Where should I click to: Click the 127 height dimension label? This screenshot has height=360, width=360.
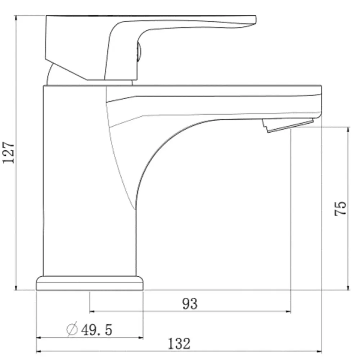pyautogui.click(x=8, y=153)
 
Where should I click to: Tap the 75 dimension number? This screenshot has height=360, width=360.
pyautogui.click(x=340, y=209)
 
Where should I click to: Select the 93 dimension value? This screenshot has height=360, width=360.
pyautogui.click(x=190, y=304)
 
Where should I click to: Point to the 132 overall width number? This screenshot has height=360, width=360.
pyautogui.click(x=179, y=344)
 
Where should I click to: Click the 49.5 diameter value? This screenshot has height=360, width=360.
pyautogui.click(x=96, y=330)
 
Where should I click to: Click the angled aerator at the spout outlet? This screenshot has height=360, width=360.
pyautogui.click(x=288, y=125)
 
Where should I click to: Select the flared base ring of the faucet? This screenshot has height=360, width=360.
pyautogui.click(x=90, y=283)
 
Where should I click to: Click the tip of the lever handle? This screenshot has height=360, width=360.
pyautogui.click(x=255, y=19)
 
